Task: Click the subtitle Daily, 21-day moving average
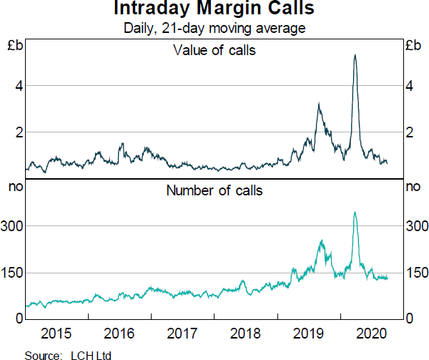tap(214, 29)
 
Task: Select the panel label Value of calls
tap(214, 50)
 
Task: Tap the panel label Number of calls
tap(214, 190)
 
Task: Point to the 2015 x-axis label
tap(56, 334)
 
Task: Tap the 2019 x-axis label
tap(309, 334)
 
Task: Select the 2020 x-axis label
tap(372, 334)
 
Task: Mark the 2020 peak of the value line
tap(355, 55)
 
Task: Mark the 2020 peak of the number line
tap(355, 212)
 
